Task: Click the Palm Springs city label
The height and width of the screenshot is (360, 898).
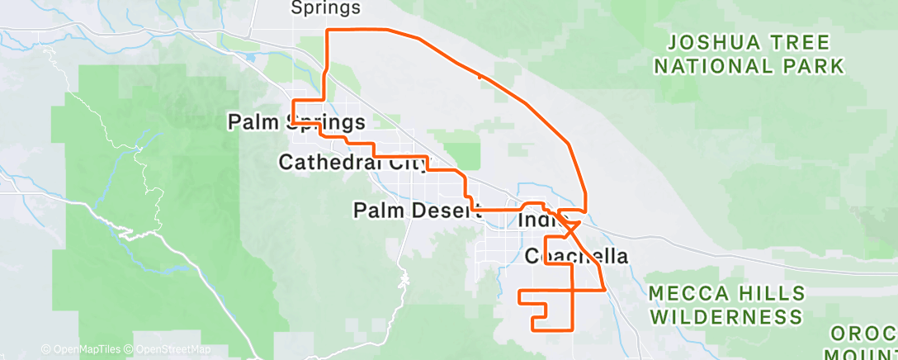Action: coord(296,123)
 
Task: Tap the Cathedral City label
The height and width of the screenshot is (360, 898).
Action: coord(353,162)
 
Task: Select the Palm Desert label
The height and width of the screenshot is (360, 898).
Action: coord(417,211)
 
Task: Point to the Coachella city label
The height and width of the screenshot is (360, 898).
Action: coord(576,256)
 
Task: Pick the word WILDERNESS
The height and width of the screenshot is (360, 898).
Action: coord(726,316)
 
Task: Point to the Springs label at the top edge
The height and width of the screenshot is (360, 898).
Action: coord(326,8)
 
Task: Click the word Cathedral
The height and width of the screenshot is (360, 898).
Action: coord(327,162)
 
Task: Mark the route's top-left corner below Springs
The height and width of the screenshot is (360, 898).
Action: coord(329,31)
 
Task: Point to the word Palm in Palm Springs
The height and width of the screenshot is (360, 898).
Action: coord(254,123)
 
